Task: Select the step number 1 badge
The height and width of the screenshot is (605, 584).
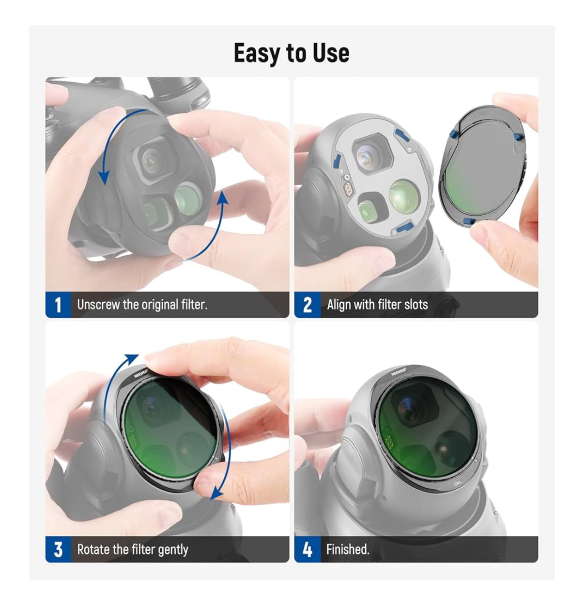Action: pyautogui.click(x=58, y=305)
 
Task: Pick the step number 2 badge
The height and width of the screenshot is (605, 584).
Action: pyautogui.click(x=307, y=305)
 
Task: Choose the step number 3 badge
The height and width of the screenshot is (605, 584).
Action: pyautogui.click(x=58, y=549)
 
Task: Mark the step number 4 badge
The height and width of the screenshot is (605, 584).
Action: pyautogui.click(x=307, y=549)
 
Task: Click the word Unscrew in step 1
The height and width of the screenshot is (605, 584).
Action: pyautogui.click(x=98, y=305)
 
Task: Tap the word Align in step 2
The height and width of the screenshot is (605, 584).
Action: pyautogui.click(x=339, y=305)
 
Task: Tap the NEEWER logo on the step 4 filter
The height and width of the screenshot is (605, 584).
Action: pyautogui.click(x=399, y=372)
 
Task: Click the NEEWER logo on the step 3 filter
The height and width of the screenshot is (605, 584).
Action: pyautogui.click(x=141, y=373)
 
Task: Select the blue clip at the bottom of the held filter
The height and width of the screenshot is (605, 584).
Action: pyautogui.click(x=469, y=221)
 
